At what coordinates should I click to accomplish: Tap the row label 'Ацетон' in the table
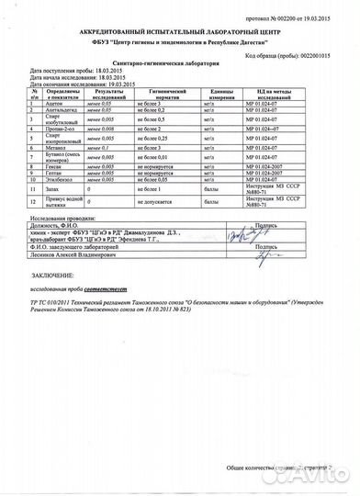coord(56,105)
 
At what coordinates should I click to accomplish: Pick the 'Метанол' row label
coord(56,147)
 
